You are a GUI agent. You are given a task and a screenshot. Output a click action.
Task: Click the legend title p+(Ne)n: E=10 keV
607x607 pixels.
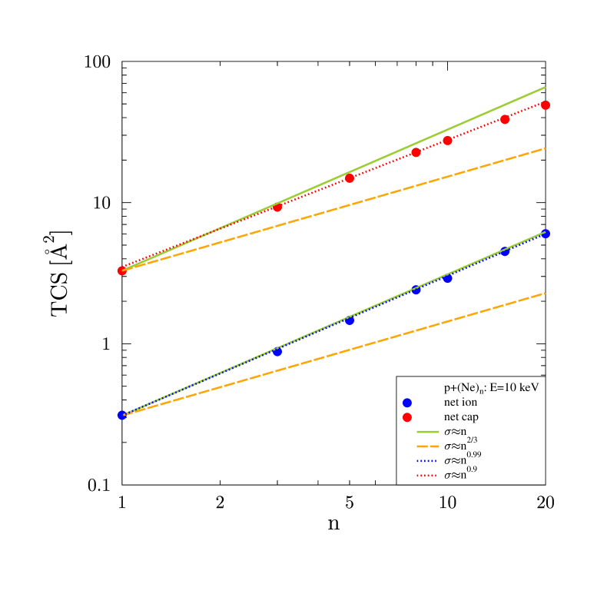pyautogui.click(x=491, y=388)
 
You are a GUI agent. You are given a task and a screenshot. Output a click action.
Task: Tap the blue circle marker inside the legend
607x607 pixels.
pyautogui.click(x=407, y=403)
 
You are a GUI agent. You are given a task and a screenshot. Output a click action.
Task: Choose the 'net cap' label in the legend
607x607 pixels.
pyautogui.click(x=466, y=417)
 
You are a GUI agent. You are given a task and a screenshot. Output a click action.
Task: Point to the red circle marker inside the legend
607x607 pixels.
pyautogui.click(x=407, y=417)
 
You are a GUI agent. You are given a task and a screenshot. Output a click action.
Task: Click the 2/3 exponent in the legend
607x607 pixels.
pyautogui.click(x=472, y=440)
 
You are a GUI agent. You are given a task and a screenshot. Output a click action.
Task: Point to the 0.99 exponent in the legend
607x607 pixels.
pyautogui.click(x=474, y=455)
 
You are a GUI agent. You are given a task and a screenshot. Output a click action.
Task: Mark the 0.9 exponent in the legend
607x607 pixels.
pyautogui.click(x=472, y=469)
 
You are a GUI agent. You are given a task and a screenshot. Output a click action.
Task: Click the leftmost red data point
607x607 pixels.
pyautogui.click(x=121, y=270)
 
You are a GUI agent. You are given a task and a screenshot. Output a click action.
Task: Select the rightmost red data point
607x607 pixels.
pyautogui.click(x=546, y=104)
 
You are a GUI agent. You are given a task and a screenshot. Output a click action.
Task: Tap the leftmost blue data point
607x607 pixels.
pyautogui.click(x=121, y=415)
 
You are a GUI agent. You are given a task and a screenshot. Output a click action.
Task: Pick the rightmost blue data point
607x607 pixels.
pyautogui.click(x=546, y=234)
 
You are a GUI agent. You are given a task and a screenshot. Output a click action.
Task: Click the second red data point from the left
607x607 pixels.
pyautogui.click(x=277, y=207)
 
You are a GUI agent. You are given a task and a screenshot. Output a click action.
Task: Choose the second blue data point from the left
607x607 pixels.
pyautogui.click(x=277, y=351)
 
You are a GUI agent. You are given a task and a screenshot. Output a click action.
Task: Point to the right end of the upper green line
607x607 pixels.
pyautogui.click(x=545, y=87)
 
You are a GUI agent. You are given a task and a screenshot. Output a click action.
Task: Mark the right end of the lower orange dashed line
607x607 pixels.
pyautogui.click(x=545, y=293)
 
